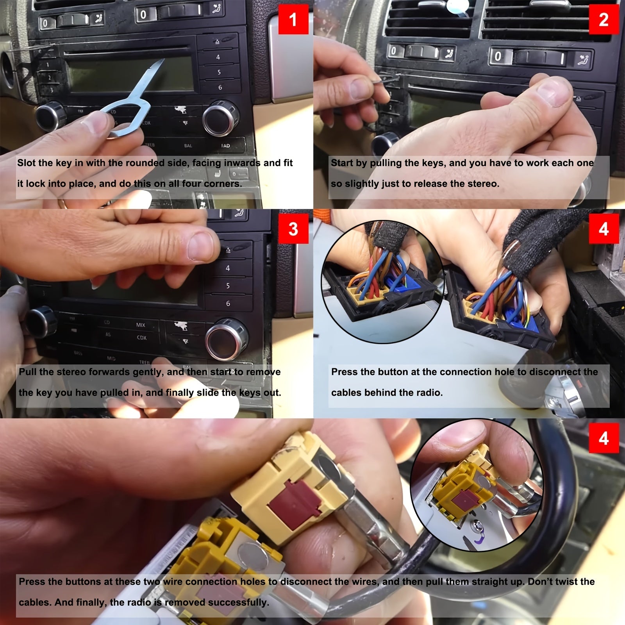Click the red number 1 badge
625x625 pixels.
point(293,20)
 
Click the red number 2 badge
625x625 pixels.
point(604,20)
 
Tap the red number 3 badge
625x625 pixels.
point(293,229)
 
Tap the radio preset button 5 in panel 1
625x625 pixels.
point(219,72)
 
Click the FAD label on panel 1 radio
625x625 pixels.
point(225,146)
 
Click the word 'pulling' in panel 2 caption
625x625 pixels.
point(386,163)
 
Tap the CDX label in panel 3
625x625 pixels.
point(141,337)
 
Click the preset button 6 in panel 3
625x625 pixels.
point(228,304)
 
